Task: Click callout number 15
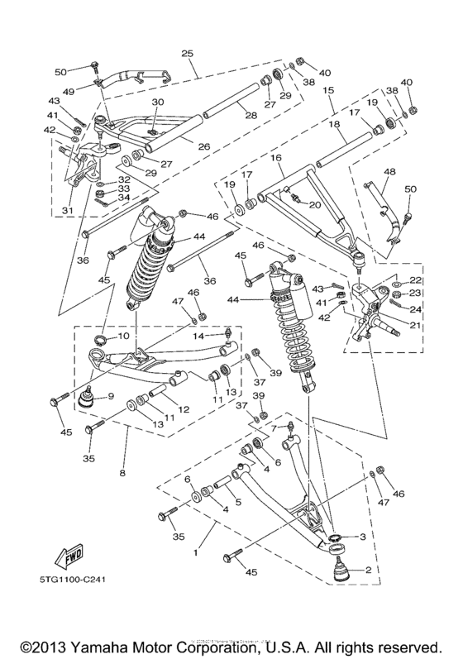pos(329,91)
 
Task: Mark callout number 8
pos(123,474)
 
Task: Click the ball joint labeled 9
pos(84,400)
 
